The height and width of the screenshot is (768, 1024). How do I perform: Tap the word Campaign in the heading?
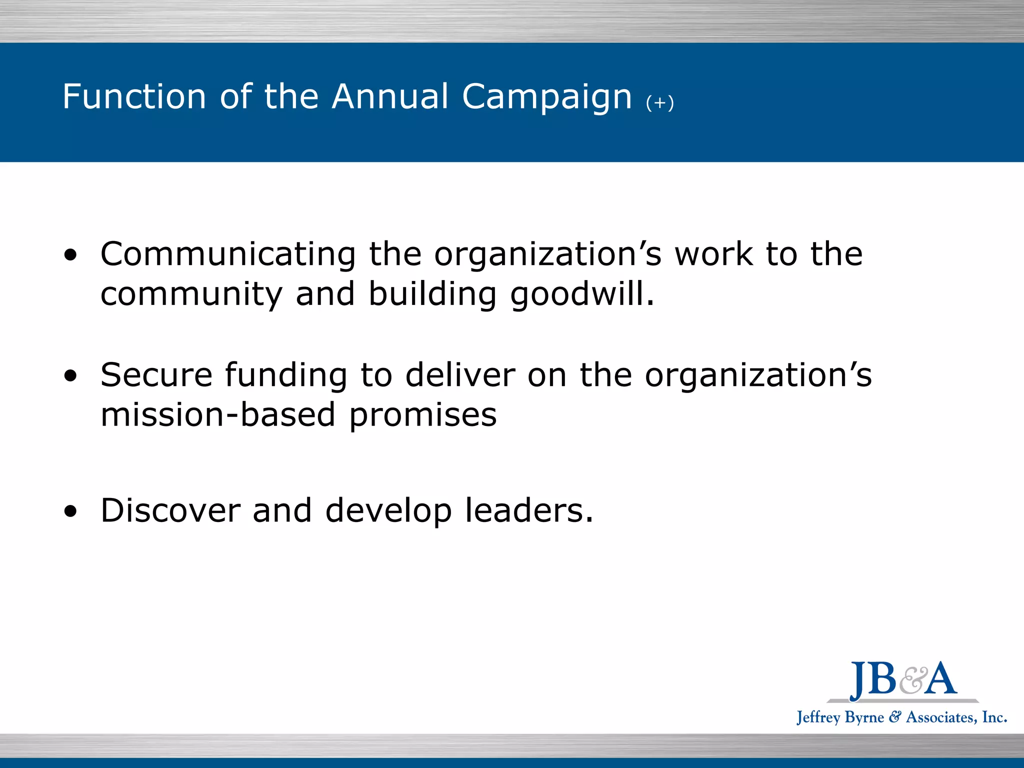547,97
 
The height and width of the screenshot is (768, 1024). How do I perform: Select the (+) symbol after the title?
659,103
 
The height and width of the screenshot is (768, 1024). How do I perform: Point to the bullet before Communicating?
71,255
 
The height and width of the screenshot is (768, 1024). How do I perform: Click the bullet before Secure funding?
71,376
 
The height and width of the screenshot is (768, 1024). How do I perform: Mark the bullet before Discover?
71,511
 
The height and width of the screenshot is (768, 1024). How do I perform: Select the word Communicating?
228,254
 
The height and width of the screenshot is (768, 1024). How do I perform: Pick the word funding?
286,376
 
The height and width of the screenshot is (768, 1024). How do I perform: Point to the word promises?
423,416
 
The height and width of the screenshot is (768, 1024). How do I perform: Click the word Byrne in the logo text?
864,717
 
